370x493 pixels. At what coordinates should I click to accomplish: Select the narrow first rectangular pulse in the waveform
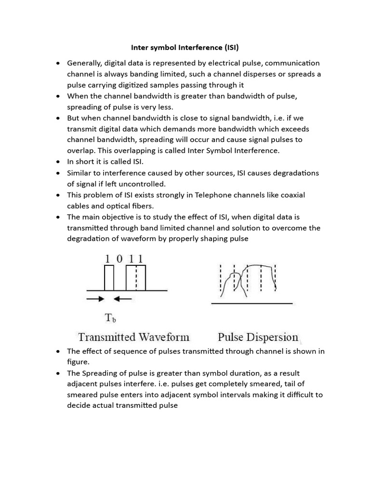pyautogui.click(x=109, y=278)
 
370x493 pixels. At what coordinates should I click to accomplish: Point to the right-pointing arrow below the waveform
pyautogui.click(x=95, y=299)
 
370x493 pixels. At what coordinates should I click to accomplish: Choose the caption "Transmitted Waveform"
pyautogui.click(x=134, y=337)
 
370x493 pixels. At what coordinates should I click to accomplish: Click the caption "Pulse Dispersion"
pyautogui.click(x=258, y=337)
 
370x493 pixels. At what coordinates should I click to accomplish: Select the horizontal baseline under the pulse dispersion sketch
pyautogui.click(x=252, y=304)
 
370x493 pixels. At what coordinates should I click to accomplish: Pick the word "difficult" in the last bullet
pyautogui.click(x=283, y=395)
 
